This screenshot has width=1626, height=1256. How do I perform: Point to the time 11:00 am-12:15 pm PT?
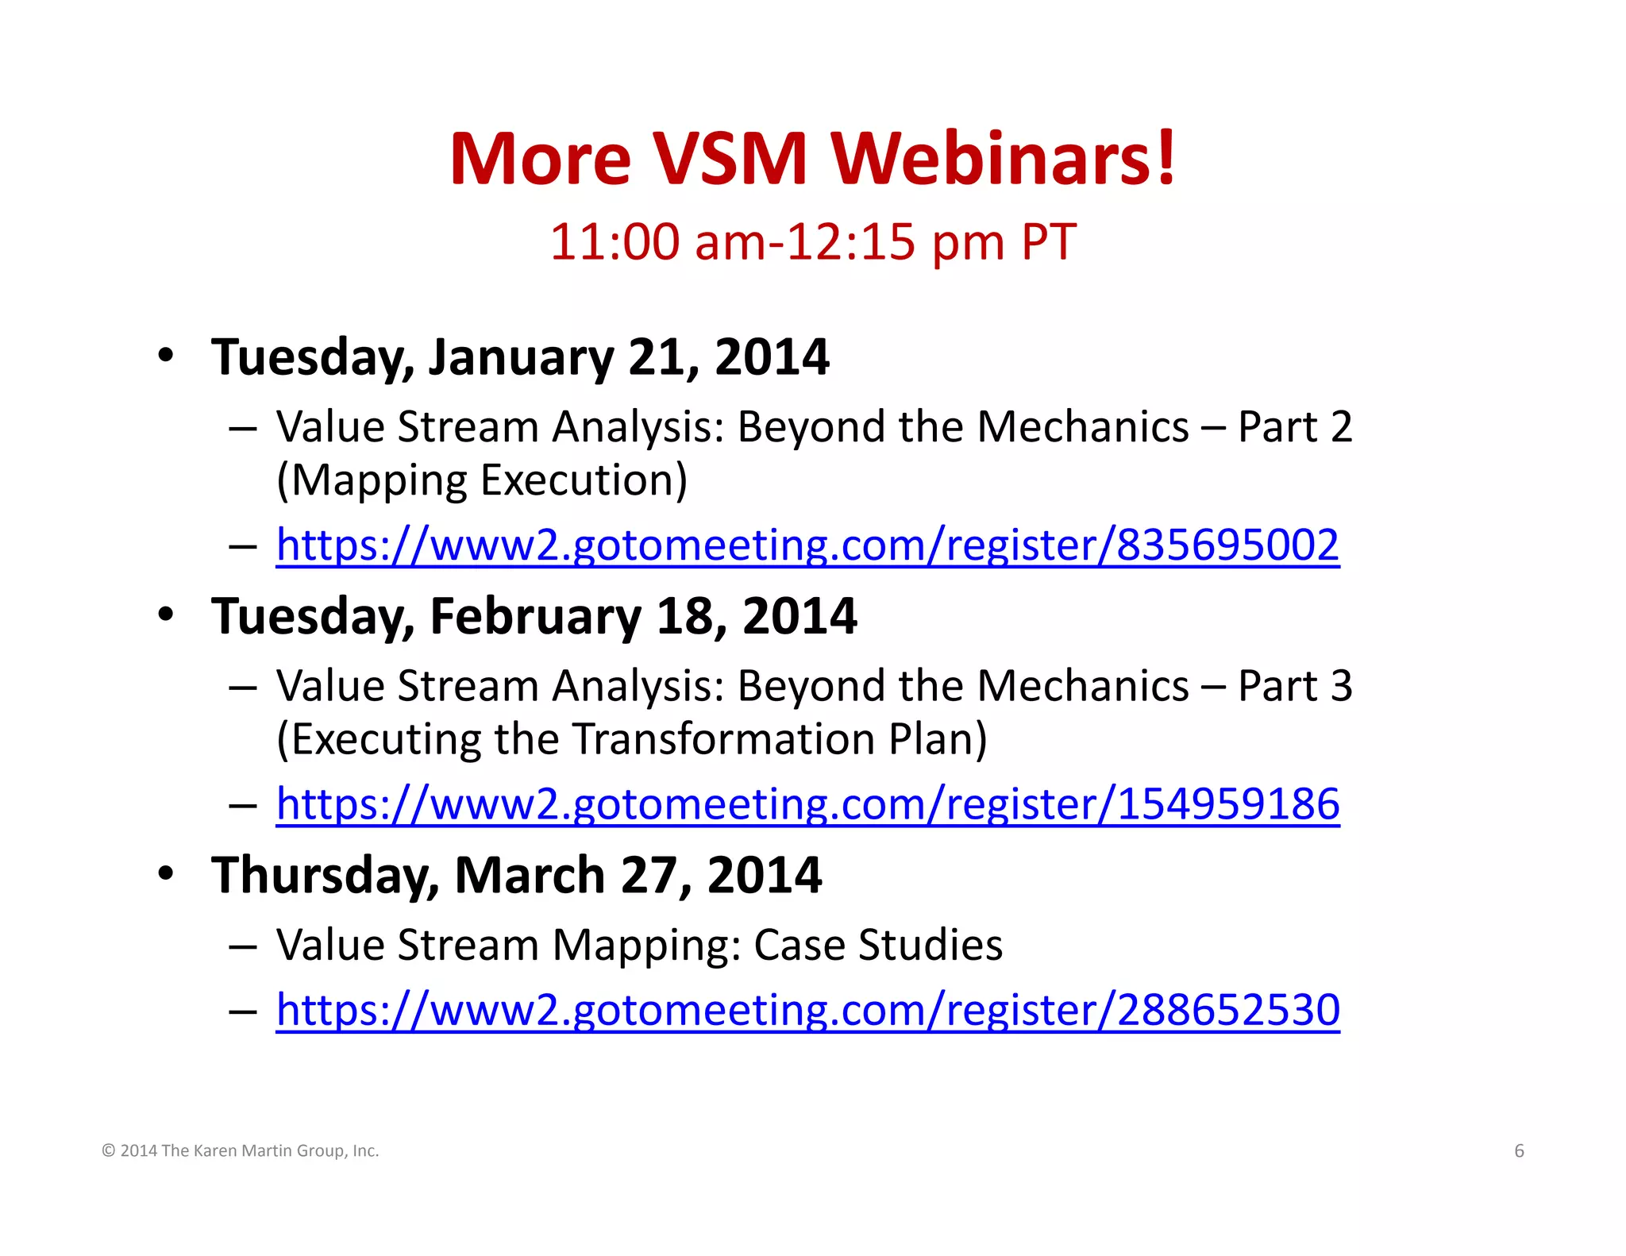click(812, 241)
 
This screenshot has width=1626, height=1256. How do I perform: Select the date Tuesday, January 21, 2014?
click(520, 357)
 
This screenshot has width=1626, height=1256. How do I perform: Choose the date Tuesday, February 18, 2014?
click(534, 616)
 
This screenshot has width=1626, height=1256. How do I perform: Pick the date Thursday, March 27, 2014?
click(516, 875)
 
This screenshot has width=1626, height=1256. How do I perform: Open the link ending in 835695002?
click(807, 545)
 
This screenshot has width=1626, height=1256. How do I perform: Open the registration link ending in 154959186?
click(807, 804)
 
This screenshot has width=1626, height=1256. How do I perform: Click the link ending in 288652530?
click(807, 1010)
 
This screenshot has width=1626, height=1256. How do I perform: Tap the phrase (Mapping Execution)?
click(482, 481)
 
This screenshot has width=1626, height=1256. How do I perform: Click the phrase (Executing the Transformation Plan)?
click(631, 740)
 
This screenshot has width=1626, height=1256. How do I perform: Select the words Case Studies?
click(878, 945)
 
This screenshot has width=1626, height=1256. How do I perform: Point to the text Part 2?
click(1295, 427)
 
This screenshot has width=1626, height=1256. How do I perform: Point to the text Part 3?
click(1295, 686)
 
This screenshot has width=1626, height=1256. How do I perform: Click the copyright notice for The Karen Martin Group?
click(241, 1151)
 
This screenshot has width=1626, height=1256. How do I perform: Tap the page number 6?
click(1519, 1151)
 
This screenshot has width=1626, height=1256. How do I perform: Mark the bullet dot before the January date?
click(165, 356)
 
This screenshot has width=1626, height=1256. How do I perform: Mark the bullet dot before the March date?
click(165, 873)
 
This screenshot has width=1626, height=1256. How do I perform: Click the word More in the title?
click(540, 159)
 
